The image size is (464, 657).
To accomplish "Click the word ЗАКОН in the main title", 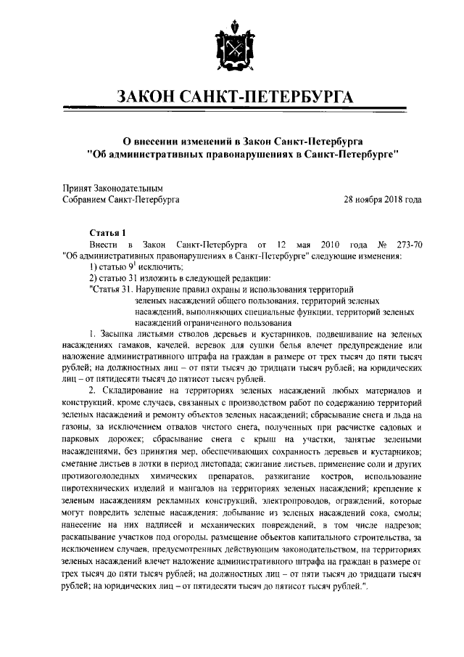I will click(x=153, y=99).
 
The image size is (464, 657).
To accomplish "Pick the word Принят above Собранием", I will click(x=78, y=186).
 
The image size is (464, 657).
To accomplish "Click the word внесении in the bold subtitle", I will click(x=157, y=140).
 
